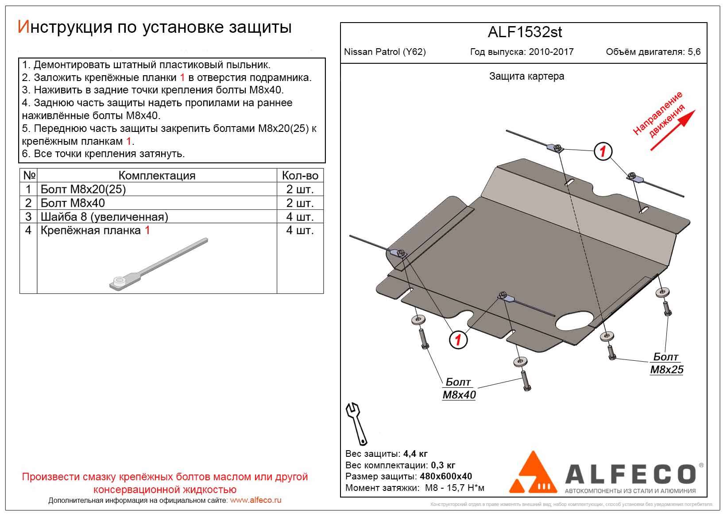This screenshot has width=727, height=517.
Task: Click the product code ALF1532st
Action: coord(525,32)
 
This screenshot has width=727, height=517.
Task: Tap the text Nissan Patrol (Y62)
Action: coord(385,52)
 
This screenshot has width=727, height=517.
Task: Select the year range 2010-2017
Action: coord(551,52)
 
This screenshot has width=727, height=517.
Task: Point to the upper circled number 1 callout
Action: coord(603,151)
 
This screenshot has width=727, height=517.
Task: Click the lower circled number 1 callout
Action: coord(458,340)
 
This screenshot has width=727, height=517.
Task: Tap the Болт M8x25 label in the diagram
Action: coord(666,363)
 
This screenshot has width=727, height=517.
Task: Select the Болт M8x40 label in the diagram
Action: coord(459,389)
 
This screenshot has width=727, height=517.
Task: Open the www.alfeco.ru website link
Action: coord(255,500)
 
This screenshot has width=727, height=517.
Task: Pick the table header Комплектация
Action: coord(157,176)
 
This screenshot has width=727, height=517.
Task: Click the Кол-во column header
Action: coord(300,176)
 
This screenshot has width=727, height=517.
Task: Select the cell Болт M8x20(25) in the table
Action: coord(83,189)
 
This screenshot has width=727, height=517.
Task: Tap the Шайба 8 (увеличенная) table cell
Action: coord(104,217)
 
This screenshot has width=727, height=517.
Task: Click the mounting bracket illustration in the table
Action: coord(158,265)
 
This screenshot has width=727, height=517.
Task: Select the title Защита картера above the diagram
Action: coord(526,76)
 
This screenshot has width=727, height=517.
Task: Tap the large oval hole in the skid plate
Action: coord(575,320)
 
